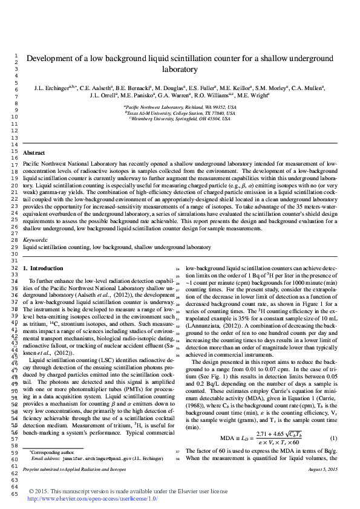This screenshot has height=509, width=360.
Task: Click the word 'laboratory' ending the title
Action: click(180, 70)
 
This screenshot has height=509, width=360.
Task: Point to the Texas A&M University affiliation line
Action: click(180, 113)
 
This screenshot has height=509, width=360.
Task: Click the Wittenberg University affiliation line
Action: click(180, 119)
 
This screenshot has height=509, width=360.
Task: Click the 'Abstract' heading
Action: click(34, 154)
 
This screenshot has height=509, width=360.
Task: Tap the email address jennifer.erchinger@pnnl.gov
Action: click(87, 458)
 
